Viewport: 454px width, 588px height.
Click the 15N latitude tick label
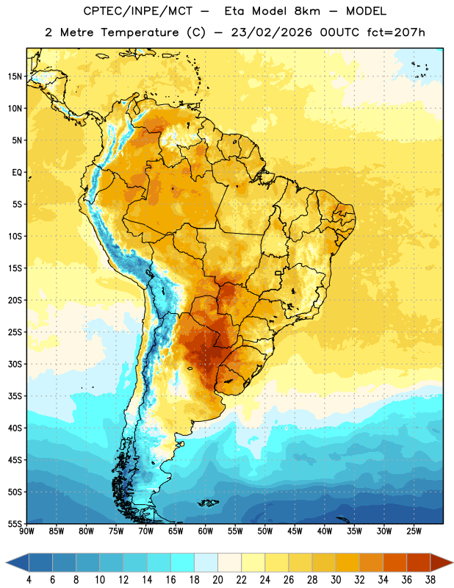[x=15, y=76]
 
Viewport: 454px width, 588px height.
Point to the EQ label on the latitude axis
[x=17, y=173]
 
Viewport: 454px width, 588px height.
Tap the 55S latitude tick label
[x=15, y=523]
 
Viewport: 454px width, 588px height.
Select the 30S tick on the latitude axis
[x=15, y=364]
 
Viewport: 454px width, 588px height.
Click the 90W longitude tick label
[x=26, y=531]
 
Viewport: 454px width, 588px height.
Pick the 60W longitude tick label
[x=206, y=531]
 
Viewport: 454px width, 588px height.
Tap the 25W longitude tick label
[x=414, y=531]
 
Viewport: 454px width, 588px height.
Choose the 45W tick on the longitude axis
[x=295, y=531]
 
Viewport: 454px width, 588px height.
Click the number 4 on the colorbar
[x=29, y=580]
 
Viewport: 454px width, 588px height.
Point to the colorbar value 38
[x=430, y=580]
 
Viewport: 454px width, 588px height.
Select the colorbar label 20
[x=217, y=580]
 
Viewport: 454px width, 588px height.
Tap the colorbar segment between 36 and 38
[x=419, y=563]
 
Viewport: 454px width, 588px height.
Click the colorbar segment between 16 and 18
[x=182, y=563]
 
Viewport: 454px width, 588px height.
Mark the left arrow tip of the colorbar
[x=6, y=563]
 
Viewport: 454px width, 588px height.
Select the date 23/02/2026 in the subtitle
[x=271, y=32]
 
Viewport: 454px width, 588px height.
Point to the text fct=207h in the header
[x=396, y=32]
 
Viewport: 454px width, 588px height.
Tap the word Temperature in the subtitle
[x=140, y=32]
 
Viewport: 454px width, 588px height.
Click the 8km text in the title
[x=307, y=11]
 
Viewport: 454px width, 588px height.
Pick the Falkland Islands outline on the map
[x=208, y=503]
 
